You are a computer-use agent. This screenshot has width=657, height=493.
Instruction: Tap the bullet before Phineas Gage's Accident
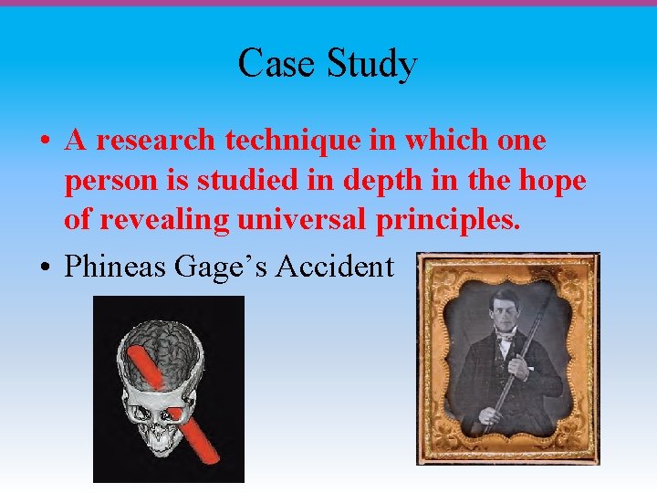[x=45, y=267]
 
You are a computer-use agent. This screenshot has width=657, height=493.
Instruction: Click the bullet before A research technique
[x=45, y=142]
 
